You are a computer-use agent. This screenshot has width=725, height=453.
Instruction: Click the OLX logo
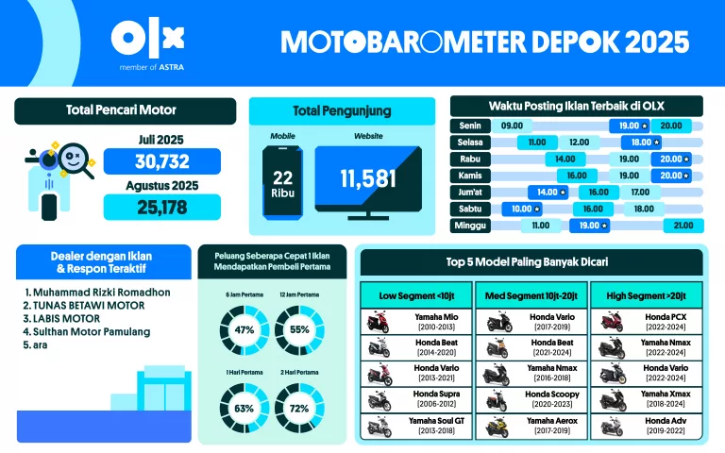pyautogui.click(x=147, y=38)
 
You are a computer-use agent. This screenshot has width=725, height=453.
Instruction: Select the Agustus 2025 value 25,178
pyautogui.click(x=161, y=207)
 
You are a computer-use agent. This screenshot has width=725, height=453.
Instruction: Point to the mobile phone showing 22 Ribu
pyautogui.click(x=283, y=185)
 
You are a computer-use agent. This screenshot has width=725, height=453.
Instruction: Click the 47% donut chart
pyautogui.click(x=245, y=329)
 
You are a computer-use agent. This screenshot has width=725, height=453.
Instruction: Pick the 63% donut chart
pyautogui.click(x=245, y=409)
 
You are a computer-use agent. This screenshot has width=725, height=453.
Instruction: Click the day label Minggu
pyautogui.click(x=471, y=226)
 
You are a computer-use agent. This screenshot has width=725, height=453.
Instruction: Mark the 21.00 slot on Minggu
pyautogui.click(x=682, y=226)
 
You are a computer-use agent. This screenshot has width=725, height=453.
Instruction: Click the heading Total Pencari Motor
pyautogui.click(x=121, y=110)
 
